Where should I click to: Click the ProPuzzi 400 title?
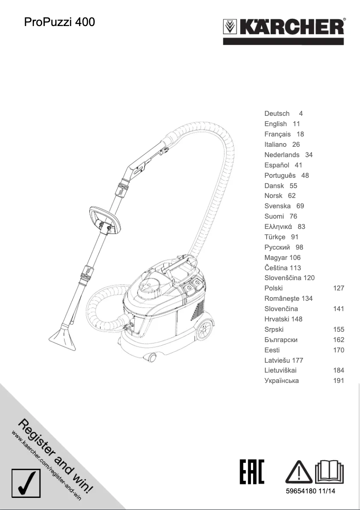[59, 22]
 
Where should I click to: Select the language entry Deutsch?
[277, 114]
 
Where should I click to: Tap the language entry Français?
[277, 134]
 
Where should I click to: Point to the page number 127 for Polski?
[338, 288]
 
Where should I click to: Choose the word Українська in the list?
[281, 381]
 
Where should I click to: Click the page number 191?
[338, 381]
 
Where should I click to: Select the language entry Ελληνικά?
[278, 227]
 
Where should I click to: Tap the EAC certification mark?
[252, 472]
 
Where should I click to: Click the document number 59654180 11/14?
[311, 492]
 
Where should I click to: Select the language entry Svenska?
[277, 206]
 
